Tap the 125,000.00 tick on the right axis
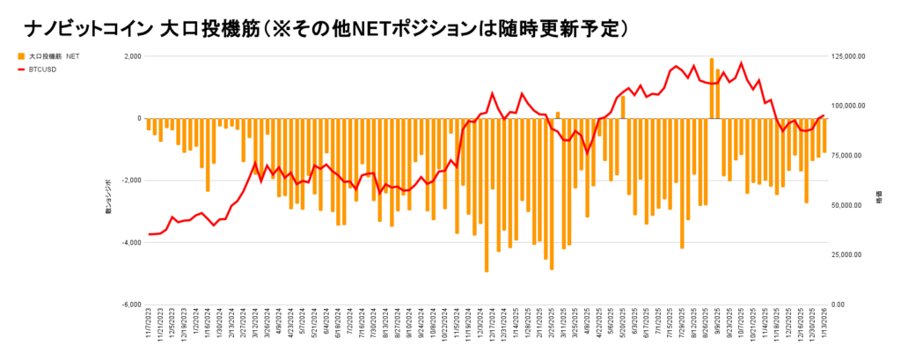(x=853, y=56)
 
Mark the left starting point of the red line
(x=149, y=234)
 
